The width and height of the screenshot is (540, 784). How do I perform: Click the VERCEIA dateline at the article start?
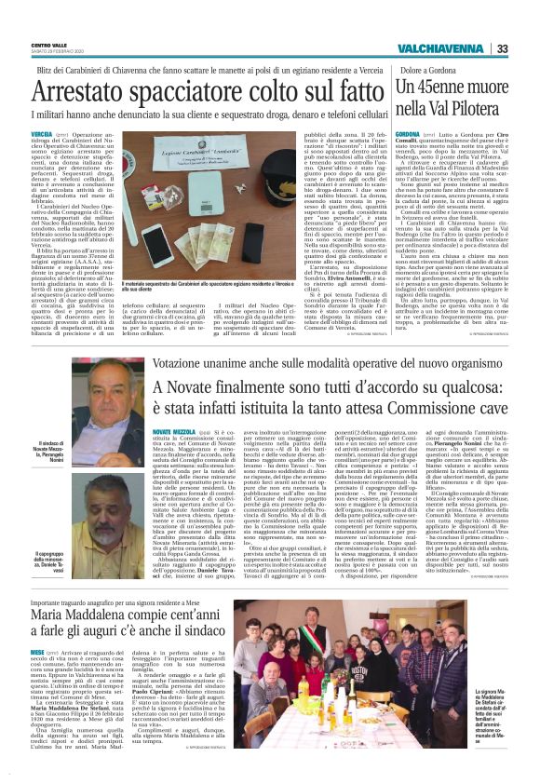point(41,135)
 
